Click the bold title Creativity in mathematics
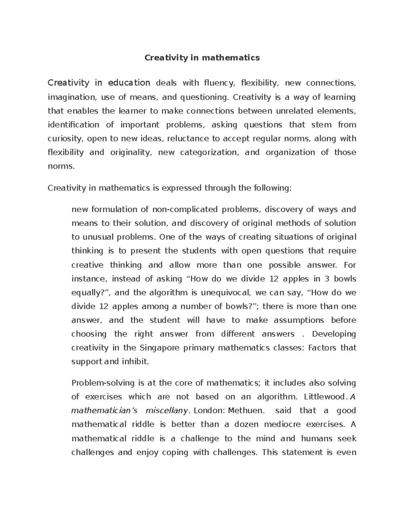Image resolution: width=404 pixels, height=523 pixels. tap(202, 58)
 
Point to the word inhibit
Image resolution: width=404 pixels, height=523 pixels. tap(136, 361)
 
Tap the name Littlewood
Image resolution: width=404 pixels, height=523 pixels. tap(325, 397)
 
